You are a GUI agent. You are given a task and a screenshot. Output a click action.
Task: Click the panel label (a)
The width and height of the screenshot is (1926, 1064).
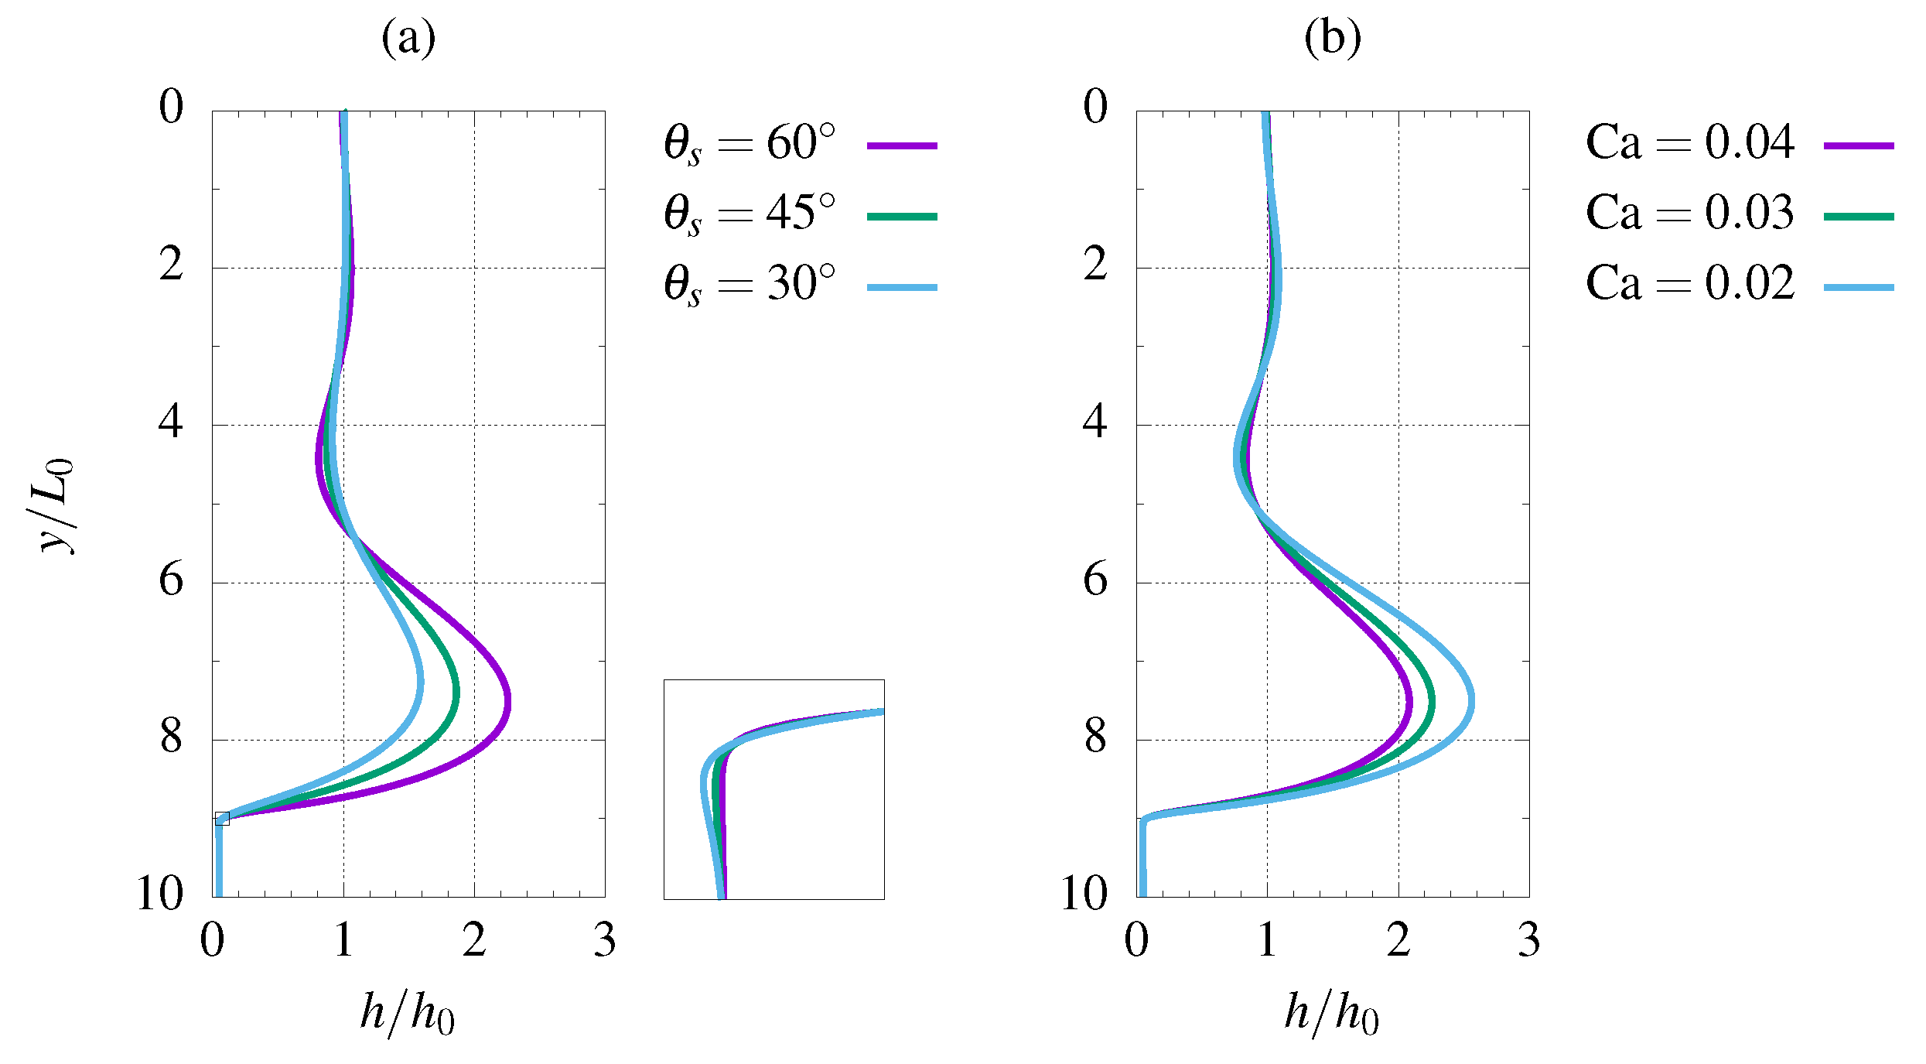coord(408,38)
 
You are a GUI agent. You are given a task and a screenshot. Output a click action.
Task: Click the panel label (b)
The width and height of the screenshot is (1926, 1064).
coord(1332,38)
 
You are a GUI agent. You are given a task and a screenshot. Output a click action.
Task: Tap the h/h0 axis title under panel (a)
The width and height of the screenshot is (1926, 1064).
coord(408,1013)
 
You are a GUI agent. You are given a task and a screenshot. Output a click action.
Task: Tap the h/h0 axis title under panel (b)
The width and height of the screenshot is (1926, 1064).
coord(1332,1013)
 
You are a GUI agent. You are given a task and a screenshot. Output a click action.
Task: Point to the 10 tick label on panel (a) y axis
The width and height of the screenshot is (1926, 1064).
coord(160,894)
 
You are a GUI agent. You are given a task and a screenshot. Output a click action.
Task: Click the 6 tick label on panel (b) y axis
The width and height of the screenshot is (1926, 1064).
coord(1095,580)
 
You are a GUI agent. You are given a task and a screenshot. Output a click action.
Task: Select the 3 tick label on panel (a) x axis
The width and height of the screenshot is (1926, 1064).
coord(605,941)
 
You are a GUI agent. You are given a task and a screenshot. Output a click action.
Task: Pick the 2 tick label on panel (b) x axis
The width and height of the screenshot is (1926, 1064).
coord(1398,941)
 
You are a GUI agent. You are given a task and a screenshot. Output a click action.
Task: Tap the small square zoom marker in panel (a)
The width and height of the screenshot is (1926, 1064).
coord(222,819)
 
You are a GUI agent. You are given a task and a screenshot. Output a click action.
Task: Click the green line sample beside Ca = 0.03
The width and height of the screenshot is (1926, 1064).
coord(1858,217)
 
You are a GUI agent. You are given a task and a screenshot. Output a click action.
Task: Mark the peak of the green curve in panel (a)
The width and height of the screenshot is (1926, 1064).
coord(456,693)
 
